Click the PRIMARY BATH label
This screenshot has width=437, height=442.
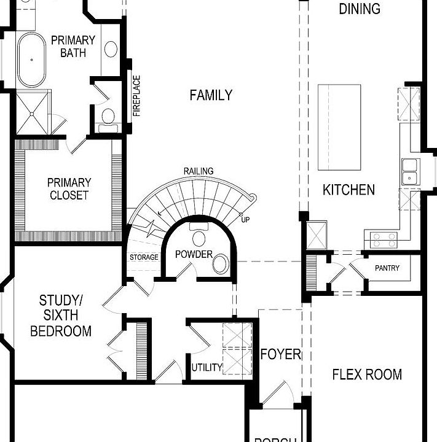point(73,47)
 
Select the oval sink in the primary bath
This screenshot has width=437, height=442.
point(111,48)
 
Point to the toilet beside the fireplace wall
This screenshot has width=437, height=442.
point(108,116)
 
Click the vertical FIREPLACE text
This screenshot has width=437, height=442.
point(136,96)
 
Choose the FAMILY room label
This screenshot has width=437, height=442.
point(211,95)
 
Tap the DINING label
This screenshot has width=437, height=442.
point(360,9)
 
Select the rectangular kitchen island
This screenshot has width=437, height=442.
point(339,127)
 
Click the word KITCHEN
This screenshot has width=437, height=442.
point(348,190)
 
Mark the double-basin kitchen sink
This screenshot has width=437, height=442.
point(409,171)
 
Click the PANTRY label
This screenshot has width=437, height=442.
point(387,268)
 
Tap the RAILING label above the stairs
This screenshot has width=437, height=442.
point(198,171)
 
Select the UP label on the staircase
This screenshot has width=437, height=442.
point(246,219)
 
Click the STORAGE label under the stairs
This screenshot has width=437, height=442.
point(144,257)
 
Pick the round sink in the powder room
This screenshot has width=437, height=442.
point(220,265)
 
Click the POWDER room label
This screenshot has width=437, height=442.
point(194,254)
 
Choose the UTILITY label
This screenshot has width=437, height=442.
point(207,368)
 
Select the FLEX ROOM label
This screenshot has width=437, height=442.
point(367,374)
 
